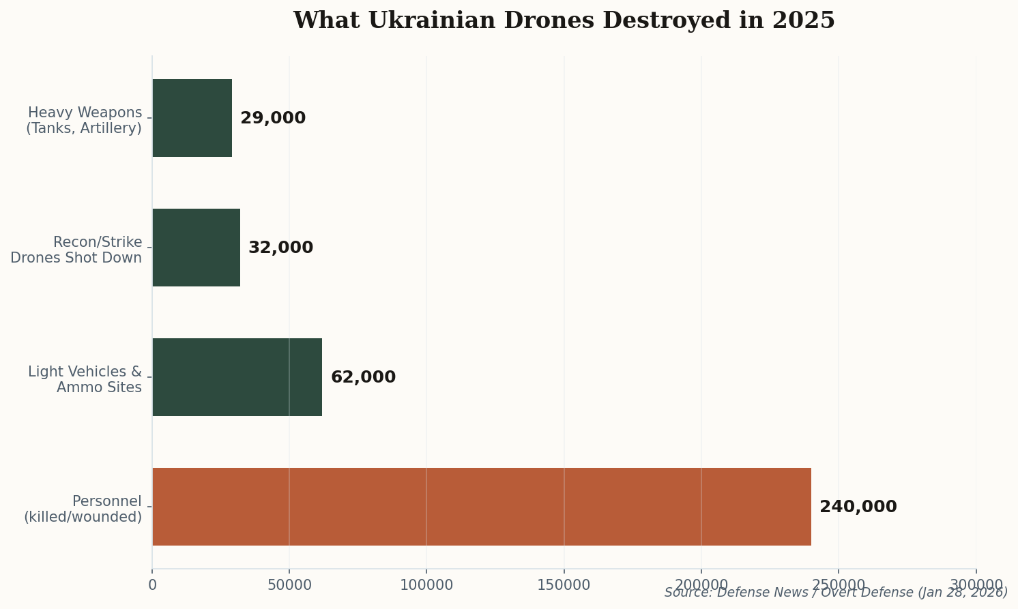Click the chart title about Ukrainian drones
pos(564,20)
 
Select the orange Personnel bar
pos(482,507)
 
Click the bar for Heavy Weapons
pos(192,118)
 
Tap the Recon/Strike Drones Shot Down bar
pos(197,248)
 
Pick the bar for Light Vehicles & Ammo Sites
pos(237,377)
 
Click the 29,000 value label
pos(273,118)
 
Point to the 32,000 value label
pos(280,248)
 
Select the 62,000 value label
pos(363,377)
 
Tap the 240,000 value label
pos(858,507)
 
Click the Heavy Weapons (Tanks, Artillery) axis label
pos(84,120)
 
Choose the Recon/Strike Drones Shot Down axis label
pos(76,250)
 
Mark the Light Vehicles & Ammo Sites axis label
pos(85,379)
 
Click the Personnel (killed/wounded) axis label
pos(83,509)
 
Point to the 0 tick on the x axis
pos(152,585)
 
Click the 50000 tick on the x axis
pos(289,585)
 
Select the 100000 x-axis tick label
pos(426,585)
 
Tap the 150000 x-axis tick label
pos(564,585)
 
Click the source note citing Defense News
pos(836,593)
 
